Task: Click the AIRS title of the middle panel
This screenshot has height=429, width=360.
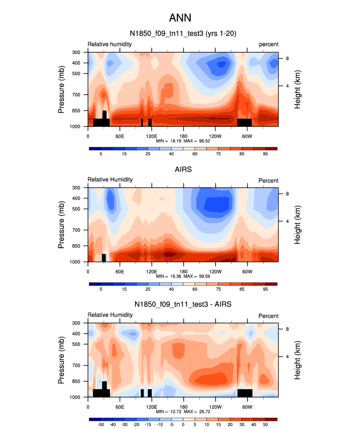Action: [x=183, y=170]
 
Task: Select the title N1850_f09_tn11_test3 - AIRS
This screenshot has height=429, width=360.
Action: [x=183, y=305]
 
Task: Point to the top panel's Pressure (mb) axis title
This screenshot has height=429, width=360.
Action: [x=61, y=89]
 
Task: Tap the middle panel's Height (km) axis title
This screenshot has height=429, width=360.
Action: [x=298, y=225]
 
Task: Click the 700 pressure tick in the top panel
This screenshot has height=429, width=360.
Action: [x=77, y=94]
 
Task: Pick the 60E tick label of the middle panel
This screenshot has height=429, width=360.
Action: [x=119, y=271]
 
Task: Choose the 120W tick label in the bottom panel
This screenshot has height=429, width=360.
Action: [x=215, y=407]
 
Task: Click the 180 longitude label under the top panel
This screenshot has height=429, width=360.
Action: [x=183, y=136]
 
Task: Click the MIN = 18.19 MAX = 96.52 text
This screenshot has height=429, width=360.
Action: [x=183, y=141]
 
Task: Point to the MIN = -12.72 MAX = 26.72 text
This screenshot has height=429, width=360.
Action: [x=183, y=412]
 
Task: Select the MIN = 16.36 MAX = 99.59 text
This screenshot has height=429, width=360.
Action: [x=183, y=277]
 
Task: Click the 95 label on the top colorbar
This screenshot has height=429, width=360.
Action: [x=265, y=154]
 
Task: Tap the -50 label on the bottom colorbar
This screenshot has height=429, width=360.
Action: [x=101, y=425]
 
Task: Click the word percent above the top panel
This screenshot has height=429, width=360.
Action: [x=269, y=44]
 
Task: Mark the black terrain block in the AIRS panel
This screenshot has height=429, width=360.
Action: [x=104, y=257]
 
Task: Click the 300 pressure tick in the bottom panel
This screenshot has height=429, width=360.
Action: [x=77, y=323]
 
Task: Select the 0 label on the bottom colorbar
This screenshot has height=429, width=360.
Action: [x=183, y=425]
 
